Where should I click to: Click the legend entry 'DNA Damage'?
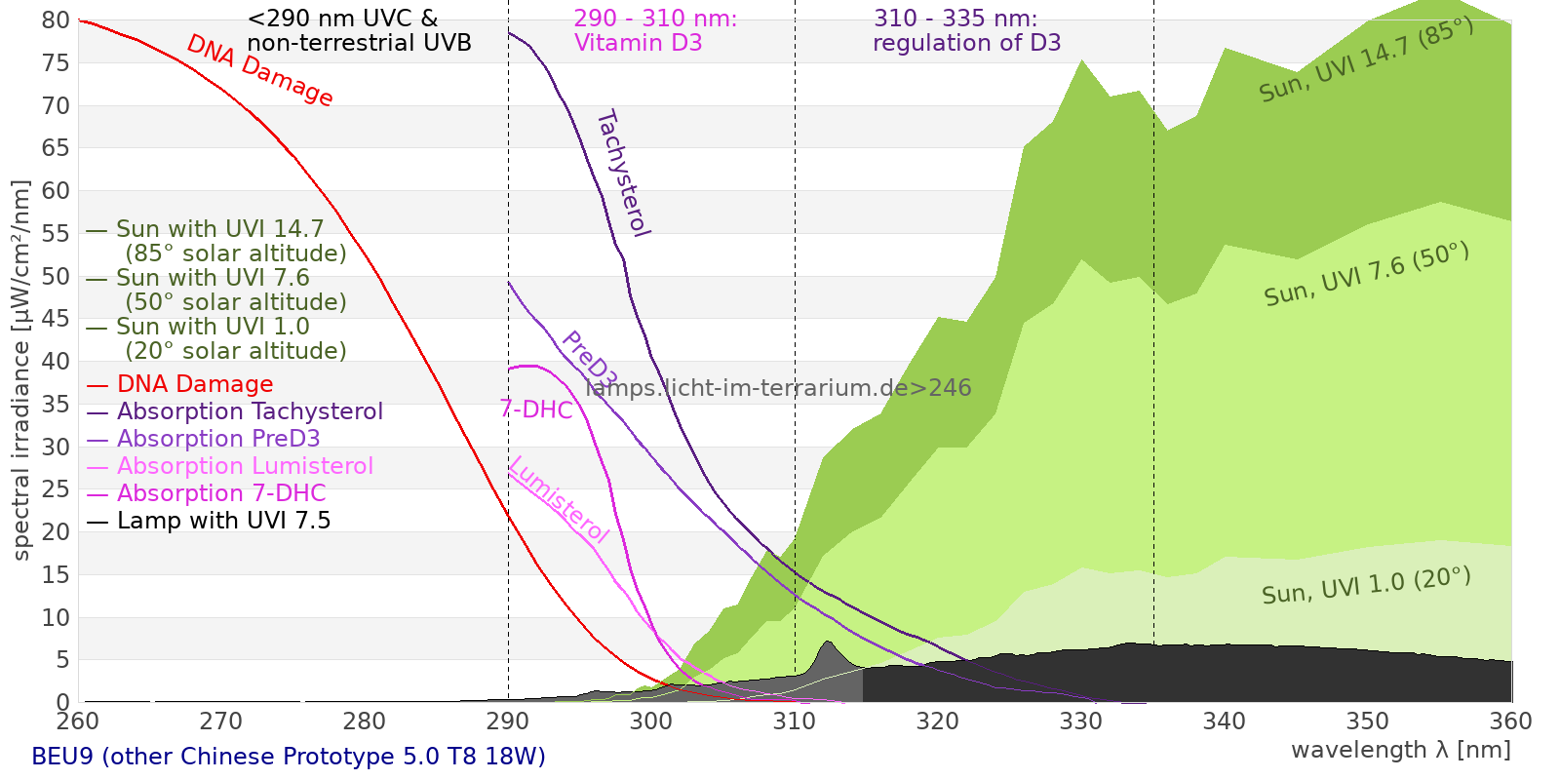click(x=195, y=384)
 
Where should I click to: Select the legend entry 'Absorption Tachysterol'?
click(x=250, y=411)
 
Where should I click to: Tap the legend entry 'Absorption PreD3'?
click(x=218, y=439)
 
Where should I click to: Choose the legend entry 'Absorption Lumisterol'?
click(x=245, y=466)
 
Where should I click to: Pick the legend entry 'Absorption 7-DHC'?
click(x=221, y=493)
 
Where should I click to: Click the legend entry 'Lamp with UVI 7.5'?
click(x=223, y=521)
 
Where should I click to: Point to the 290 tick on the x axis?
click(x=508, y=721)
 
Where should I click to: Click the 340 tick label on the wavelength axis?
click(x=1225, y=721)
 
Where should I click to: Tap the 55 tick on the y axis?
click(x=56, y=233)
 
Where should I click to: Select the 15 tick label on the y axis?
click(x=56, y=574)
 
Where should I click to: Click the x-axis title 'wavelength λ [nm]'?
click(x=1401, y=750)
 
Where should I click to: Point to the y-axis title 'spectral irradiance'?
click(x=21, y=370)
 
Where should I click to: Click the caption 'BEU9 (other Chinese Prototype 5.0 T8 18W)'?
click(x=289, y=757)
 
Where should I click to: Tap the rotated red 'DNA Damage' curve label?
click(x=259, y=70)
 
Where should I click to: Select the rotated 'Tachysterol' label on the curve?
click(x=622, y=174)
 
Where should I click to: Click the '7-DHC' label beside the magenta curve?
click(x=536, y=409)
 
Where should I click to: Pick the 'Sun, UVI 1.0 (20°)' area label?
click(x=1366, y=586)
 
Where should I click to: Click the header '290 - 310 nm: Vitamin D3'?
click(x=654, y=31)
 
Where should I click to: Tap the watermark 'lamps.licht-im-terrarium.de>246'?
click(x=778, y=388)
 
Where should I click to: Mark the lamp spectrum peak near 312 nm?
click(x=828, y=642)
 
